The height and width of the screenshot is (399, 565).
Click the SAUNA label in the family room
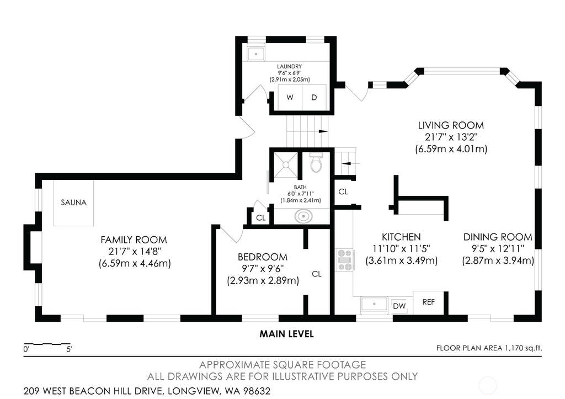pyautogui.click(x=73, y=203)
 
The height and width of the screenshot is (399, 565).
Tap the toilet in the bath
pyautogui.click(x=316, y=163)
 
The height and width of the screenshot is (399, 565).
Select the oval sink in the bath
pyautogui.click(x=303, y=217)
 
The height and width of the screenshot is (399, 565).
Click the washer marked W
pyautogui.click(x=290, y=97)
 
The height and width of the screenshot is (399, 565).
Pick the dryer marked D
pyautogui.click(x=314, y=97)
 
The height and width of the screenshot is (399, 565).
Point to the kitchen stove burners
pyautogui.click(x=345, y=260)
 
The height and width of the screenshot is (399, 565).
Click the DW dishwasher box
pyautogui.click(x=399, y=306)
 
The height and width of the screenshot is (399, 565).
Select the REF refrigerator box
pyautogui.click(x=428, y=302)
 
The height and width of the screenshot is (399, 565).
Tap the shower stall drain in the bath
pyautogui.click(x=286, y=164)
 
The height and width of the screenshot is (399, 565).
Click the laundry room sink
pyautogui.click(x=256, y=54)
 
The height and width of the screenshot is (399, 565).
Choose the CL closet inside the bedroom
pyautogui.click(x=317, y=274)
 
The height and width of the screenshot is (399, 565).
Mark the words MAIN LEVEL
pyautogui.click(x=286, y=334)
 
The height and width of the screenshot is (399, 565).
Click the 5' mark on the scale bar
pyautogui.click(x=69, y=349)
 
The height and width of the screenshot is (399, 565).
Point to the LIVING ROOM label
pyautogui.click(x=451, y=125)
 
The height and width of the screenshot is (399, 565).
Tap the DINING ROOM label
pyautogui.click(x=498, y=237)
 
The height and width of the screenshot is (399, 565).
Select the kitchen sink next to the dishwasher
pyautogui.click(x=375, y=304)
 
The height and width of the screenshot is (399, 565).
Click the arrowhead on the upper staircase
pyautogui.click(x=323, y=131)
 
